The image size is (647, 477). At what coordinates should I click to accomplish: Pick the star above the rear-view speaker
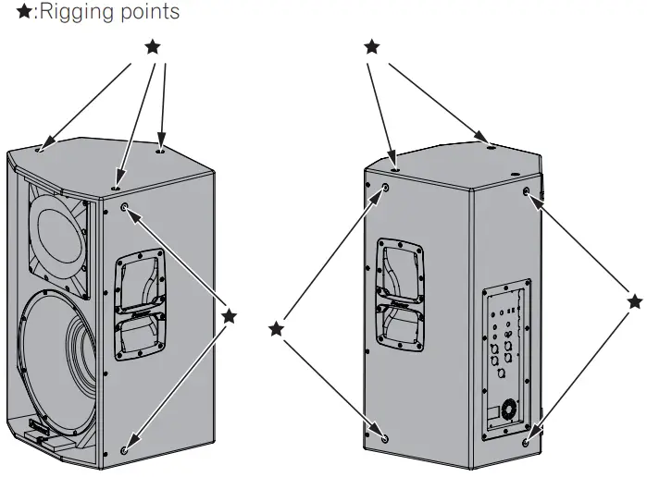[x=371, y=46]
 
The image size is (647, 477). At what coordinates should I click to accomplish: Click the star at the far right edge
[x=633, y=301]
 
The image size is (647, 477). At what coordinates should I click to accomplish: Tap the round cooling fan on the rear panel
[x=508, y=408]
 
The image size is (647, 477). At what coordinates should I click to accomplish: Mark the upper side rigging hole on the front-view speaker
[x=125, y=209]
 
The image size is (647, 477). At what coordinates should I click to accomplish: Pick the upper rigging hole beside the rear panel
[x=527, y=192]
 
